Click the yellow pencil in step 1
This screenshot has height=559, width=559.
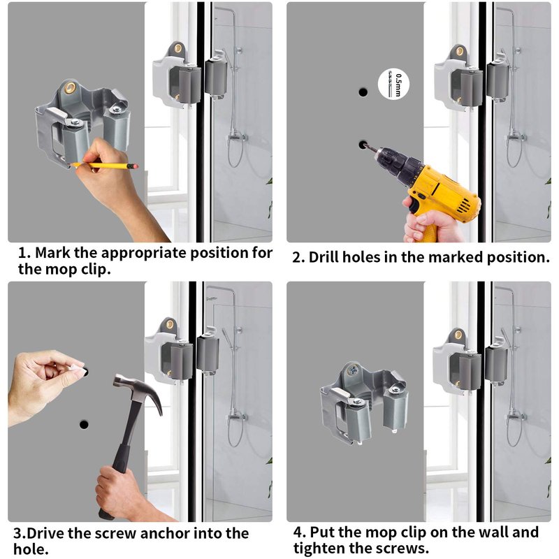(104, 166)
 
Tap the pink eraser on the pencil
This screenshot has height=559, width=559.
(135, 166)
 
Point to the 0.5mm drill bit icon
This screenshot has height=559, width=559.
(393, 84)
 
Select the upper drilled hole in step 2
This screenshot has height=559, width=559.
(363, 92)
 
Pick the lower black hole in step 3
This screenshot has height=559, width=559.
(84, 425)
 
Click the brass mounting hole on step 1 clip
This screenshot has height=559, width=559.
(70, 88)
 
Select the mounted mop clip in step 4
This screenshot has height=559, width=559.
(364, 402)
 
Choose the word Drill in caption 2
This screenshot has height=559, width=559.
(324, 257)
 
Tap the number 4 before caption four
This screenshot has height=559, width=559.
(299, 532)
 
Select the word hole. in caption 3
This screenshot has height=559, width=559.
(31, 549)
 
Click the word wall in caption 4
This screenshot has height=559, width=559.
(493, 532)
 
